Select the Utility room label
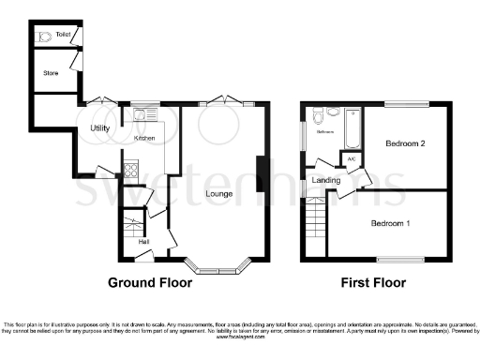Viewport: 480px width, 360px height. [x=100, y=127]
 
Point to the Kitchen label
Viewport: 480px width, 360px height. [x=143, y=138]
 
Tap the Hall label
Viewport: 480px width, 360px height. [x=143, y=242]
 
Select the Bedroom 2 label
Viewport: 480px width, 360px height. [x=405, y=143]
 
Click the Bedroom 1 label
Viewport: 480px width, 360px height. [x=390, y=223]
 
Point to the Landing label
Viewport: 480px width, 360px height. [x=326, y=179]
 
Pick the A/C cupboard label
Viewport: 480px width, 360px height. [x=352, y=159]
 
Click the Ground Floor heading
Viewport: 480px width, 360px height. [x=150, y=282]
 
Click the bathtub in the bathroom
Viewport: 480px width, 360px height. [x=352, y=128]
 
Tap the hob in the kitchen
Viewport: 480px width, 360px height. [x=130, y=172]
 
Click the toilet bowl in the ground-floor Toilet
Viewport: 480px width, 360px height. [x=44, y=37]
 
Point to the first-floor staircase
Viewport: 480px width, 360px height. [x=316, y=225]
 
